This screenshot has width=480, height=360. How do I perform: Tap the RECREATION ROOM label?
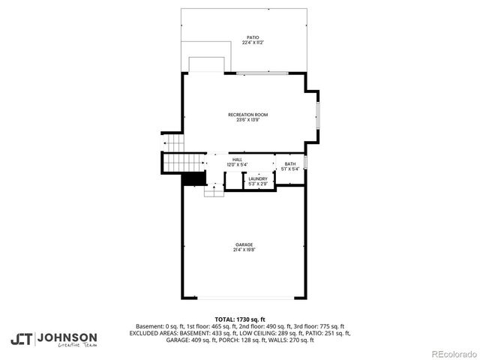coord(247,114)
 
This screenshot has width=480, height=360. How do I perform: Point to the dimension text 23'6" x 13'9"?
coord(247,120)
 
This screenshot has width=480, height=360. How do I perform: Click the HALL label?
coord(237,159)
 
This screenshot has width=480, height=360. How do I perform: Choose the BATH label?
coord(290,163)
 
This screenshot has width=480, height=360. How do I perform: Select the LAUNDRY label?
coord(257,178)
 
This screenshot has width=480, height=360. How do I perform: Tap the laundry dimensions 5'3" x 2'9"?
coord(257,184)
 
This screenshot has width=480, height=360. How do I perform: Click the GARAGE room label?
coord(244,244)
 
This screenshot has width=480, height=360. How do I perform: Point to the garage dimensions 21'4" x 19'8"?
coord(244,250)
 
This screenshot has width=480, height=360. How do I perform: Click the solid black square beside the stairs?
coord(194,179)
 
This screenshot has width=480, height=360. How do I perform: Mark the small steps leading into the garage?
coord(214,192)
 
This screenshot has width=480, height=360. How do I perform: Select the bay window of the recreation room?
coord(317,116)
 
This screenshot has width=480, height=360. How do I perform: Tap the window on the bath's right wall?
coord(305,163)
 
